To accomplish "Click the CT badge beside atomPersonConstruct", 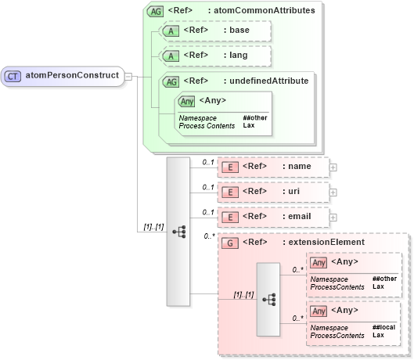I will pyautogui.click(x=13, y=76).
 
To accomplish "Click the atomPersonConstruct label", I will pyautogui.click(x=72, y=76).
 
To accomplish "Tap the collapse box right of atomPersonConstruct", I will pyautogui.click(x=128, y=77).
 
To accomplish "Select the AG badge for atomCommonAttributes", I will pyautogui.click(x=157, y=11).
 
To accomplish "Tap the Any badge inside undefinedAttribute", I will pyautogui.click(x=187, y=100).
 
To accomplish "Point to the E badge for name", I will pyautogui.click(x=230, y=167).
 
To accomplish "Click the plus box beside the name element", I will pyautogui.click(x=333, y=167).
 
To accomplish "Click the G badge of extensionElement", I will pyautogui.click(x=230, y=243).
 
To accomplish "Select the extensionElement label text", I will pyautogui.click(x=323, y=243).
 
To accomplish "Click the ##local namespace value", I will pyautogui.click(x=383, y=327).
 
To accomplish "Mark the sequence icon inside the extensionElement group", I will pyautogui.click(x=268, y=300).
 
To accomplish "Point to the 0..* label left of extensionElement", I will pyautogui.click(x=209, y=236).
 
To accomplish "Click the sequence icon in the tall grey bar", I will pyautogui.click(x=178, y=232).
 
